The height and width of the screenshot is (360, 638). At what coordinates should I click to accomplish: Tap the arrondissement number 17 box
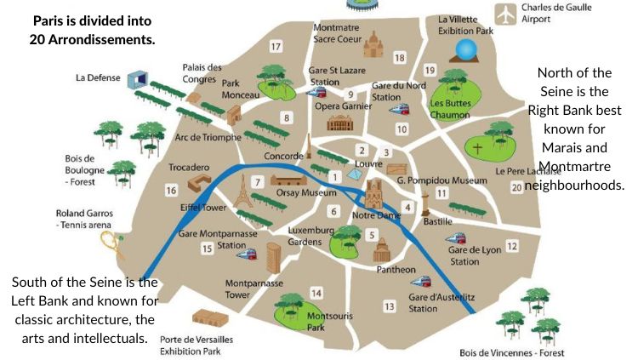(276, 46)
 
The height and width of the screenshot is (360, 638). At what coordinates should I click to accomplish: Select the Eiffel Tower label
(202, 207)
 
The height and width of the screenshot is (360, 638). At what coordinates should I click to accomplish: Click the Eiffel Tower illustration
(242, 195)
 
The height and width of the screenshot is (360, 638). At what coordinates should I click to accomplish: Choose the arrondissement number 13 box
(390, 306)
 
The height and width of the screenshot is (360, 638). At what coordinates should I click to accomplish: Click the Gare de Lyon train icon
(459, 239)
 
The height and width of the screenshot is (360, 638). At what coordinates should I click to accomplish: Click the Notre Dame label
(377, 214)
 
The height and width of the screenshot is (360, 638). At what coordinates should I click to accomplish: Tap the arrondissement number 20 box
(516, 186)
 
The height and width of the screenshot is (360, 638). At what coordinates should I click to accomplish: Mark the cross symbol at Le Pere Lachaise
(478, 147)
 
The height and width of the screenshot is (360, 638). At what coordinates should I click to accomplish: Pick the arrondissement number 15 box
(207, 249)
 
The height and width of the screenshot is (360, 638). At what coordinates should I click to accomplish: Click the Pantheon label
(396, 270)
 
